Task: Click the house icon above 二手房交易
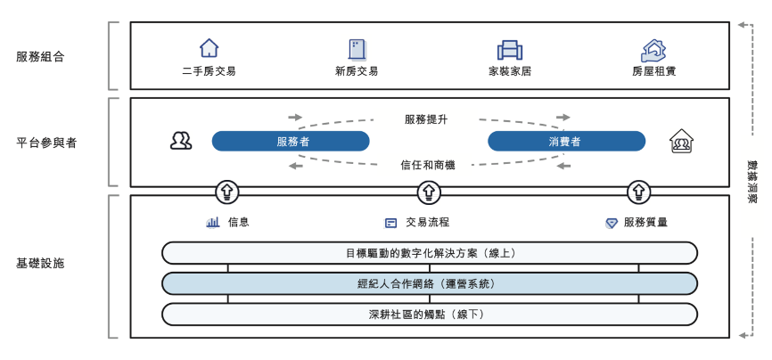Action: [x=209, y=48]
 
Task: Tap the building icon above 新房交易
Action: [x=357, y=48]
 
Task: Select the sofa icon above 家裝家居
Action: [x=509, y=49]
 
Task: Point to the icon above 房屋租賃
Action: [x=653, y=49]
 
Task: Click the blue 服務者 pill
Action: [x=291, y=141]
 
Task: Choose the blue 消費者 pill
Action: [x=565, y=141]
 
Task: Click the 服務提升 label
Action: [x=426, y=119]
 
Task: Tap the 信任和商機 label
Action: [x=428, y=164]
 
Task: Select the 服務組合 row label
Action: [x=40, y=57]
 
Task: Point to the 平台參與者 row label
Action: [x=46, y=142]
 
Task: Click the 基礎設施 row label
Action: [x=40, y=264]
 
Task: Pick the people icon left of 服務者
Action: [x=181, y=141]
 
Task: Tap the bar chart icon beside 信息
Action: [x=213, y=222]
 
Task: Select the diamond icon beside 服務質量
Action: [x=612, y=222]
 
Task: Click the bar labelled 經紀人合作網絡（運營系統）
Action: [x=429, y=284]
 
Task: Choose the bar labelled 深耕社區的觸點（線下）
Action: [x=429, y=314]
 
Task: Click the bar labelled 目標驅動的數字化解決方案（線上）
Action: [x=429, y=253]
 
